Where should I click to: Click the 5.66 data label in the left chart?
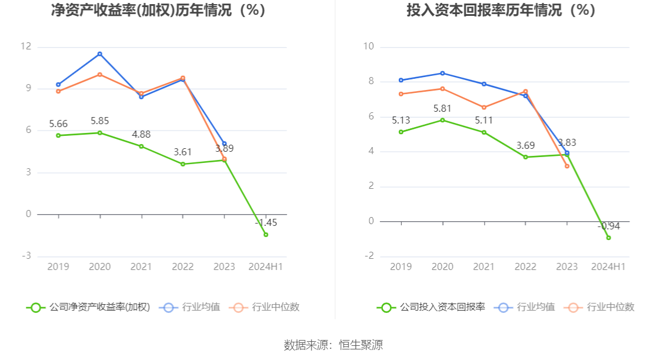(x=58, y=124)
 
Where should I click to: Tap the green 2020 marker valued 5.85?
(x=100, y=133)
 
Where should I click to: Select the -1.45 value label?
(x=266, y=223)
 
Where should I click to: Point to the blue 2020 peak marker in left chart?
(x=100, y=54)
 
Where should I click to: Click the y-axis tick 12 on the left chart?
(x=26, y=47)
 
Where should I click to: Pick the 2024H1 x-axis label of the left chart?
(x=266, y=266)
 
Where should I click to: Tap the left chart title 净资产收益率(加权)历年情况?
(x=158, y=11)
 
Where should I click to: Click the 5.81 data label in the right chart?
(x=442, y=108)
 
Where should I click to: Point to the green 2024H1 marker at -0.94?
(x=608, y=238)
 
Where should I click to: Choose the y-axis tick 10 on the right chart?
(x=368, y=47)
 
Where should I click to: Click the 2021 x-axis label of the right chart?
(x=484, y=266)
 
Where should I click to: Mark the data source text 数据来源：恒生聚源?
(x=333, y=345)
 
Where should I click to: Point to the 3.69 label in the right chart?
(x=526, y=145)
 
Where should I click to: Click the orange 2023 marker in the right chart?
(x=567, y=166)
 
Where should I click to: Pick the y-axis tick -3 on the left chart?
(x=26, y=256)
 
